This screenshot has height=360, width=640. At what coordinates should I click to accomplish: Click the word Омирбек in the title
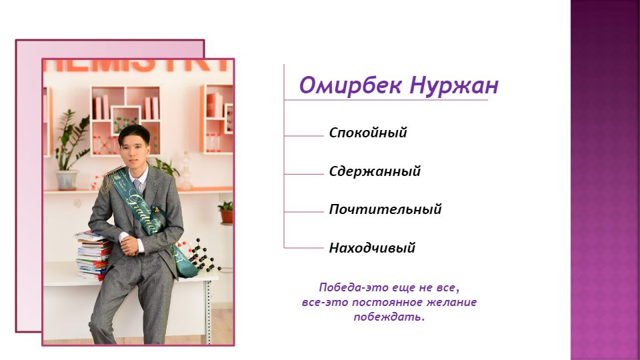tap(351, 86)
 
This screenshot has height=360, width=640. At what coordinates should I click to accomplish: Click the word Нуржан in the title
tap(454, 87)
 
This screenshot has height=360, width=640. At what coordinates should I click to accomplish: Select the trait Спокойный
tap(368, 133)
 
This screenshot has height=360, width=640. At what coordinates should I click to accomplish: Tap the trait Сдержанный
tap(375, 171)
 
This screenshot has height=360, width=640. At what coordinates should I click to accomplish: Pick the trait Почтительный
tap(385, 209)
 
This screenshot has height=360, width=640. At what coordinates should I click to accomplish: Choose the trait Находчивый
tap(372, 247)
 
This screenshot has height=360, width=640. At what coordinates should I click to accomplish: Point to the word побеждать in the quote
tap(387, 317)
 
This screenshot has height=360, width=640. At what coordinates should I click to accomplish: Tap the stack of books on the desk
tap(93, 255)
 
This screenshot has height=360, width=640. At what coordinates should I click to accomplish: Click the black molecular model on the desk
tap(199, 255)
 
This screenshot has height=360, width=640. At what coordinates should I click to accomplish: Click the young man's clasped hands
tap(130, 245)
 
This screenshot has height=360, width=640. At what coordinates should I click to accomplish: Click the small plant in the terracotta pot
tap(227, 212)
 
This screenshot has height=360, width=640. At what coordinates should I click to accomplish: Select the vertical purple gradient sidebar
tap(605, 180)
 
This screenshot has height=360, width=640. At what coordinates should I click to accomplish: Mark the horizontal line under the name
tap(386, 99)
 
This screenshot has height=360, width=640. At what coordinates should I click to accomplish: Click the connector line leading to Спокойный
tap(304, 136)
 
